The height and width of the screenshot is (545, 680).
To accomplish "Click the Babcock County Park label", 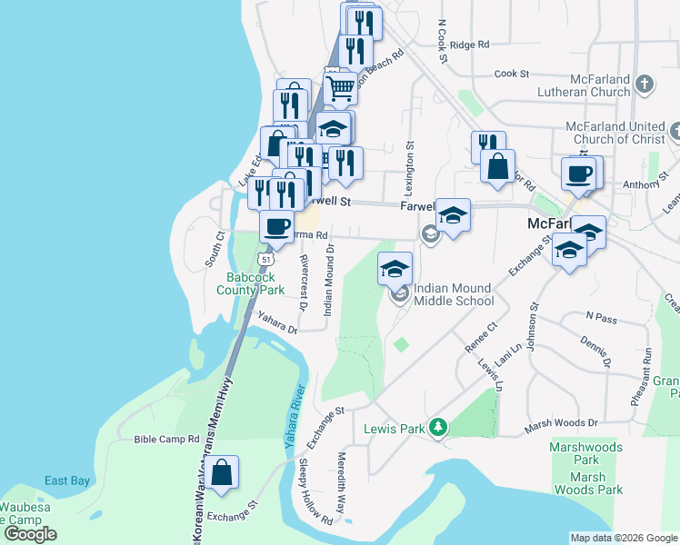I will pyautogui.click(x=250, y=283).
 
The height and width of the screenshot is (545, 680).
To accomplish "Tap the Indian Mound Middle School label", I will pyautogui.click(x=454, y=294).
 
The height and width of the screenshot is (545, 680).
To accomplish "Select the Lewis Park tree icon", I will pyautogui.click(x=439, y=426).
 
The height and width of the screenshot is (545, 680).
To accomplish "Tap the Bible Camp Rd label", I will pyautogui.click(x=166, y=439).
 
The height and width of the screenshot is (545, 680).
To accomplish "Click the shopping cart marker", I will pyautogui.click(x=340, y=88).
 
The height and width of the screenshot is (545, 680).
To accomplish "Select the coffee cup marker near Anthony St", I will pyautogui.click(x=579, y=173).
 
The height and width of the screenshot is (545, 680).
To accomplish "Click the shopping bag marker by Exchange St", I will pyautogui.click(x=221, y=473).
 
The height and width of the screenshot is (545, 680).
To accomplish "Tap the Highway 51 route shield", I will pyautogui.click(x=265, y=259).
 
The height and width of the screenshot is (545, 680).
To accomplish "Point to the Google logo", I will pyautogui.click(x=30, y=533).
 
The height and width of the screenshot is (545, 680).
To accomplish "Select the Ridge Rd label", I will pyautogui.click(x=469, y=44).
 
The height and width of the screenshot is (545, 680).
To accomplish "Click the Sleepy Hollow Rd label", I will pyautogui.click(x=315, y=491).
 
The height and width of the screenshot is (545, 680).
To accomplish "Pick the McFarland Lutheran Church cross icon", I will pyautogui.click(x=644, y=84).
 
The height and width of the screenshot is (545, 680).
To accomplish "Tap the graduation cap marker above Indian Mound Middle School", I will pyautogui.click(x=395, y=268).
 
